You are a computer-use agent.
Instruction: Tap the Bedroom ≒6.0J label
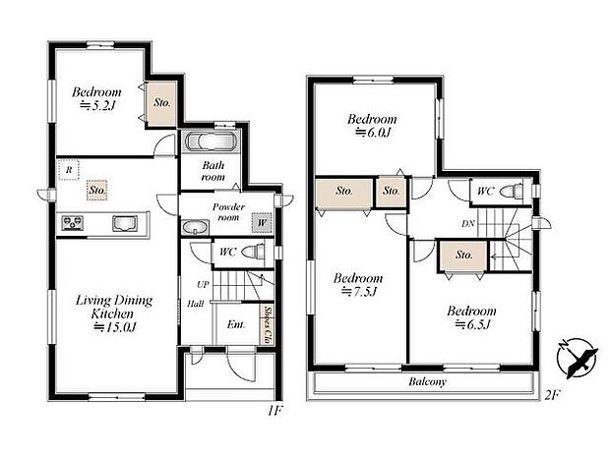click(371, 127)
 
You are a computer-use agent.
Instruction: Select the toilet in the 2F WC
click(509, 191)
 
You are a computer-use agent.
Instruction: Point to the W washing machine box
click(260, 223)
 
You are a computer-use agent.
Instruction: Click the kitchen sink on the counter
click(124, 223)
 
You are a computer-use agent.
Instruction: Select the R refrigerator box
click(67, 169)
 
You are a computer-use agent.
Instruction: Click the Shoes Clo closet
click(266, 324)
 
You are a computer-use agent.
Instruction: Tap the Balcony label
click(424, 382)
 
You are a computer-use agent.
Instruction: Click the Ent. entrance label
click(235, 324)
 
